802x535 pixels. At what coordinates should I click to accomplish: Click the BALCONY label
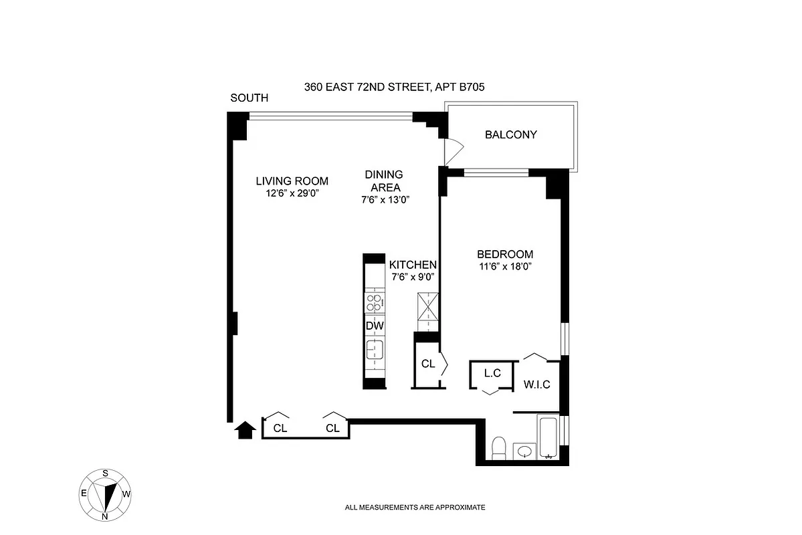tap(510, 134)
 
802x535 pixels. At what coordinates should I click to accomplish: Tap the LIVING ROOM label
tap(292, 181)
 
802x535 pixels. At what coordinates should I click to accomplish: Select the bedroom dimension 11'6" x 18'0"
tap(504, 266)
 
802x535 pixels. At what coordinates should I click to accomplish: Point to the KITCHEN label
tap(413, 265)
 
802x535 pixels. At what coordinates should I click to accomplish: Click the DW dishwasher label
tap(375, 326)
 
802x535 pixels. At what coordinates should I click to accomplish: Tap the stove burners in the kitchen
tap(375, 303)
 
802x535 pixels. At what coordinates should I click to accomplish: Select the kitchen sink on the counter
tap(374, 350)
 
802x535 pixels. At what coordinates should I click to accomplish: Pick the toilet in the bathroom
tap(498, 448)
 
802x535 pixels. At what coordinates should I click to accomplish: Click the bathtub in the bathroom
tap(548, 437)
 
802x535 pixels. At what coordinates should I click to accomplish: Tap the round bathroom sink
tap(524, 453)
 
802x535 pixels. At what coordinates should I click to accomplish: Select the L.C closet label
tap(492, 373)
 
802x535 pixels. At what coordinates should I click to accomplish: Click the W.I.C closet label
tap(536, 385)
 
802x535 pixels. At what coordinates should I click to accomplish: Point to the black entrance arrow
tap(245, 429)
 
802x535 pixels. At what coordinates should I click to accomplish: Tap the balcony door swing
tap(453, 150)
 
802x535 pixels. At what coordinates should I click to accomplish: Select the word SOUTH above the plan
tap(249, 98)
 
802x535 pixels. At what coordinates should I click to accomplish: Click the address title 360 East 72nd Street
tap(395, 86)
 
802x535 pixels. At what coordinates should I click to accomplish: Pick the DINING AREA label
tap(383, 181)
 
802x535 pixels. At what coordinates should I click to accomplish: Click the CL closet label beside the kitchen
tap(428, 364)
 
